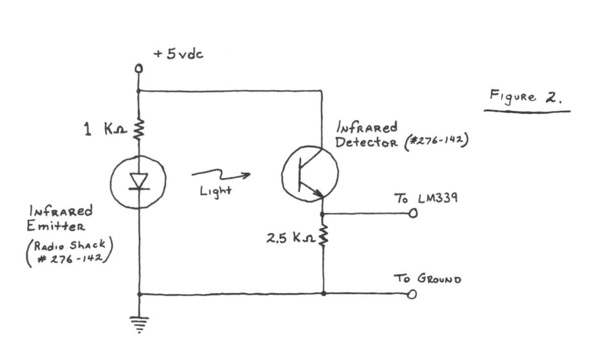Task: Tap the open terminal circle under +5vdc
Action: click(x=138, y=69)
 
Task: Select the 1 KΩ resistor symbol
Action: click(x=138, y=128)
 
